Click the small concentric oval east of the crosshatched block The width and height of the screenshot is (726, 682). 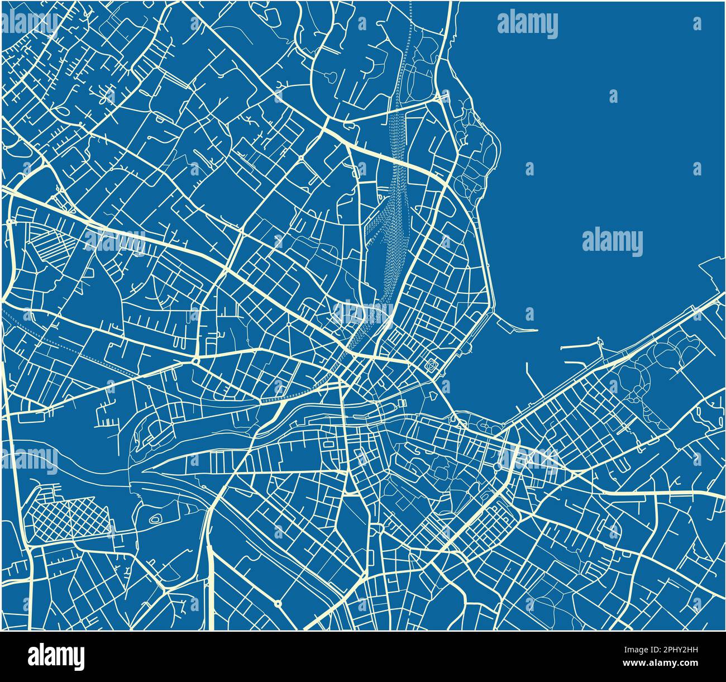(x=156, y=519)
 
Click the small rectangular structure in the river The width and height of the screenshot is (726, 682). (x=401, y=403)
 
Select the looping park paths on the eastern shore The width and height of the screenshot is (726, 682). (x=642, y=380)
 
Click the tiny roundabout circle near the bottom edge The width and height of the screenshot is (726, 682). (x=278, y=603)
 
